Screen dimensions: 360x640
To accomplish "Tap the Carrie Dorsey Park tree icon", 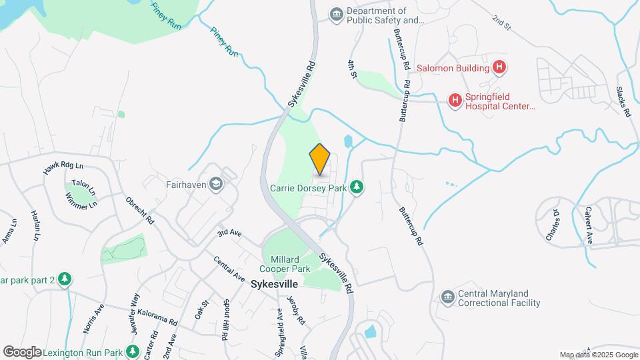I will [357, 187].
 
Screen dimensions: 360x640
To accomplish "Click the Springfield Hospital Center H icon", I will [455, 101].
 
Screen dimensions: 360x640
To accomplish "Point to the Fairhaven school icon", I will [216, 183].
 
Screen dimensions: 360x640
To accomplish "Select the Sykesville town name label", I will [273, 284].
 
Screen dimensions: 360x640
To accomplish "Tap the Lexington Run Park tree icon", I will [133, 351].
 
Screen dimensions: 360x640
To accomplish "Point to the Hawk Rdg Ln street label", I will [63, 169].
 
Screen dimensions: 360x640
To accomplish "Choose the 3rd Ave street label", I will [229, 233].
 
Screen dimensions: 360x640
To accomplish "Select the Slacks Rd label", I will [623, 102].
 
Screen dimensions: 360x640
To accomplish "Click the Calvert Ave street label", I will [589, 229].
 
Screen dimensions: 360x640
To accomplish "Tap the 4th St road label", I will [352, 69].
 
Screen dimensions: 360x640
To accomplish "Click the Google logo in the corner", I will [22, 351].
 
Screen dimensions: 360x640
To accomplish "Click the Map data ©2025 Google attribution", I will [598, 355].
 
